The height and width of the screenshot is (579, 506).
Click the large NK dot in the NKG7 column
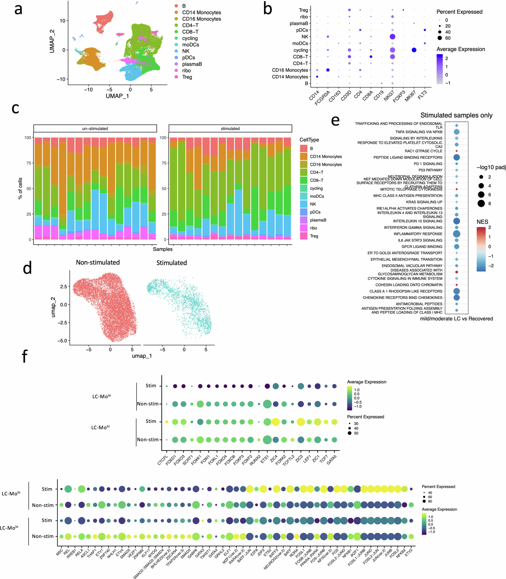coord(392,37)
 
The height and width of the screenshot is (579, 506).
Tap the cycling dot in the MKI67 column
coord(414,50)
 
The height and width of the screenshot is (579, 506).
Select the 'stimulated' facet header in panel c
coord(230,128)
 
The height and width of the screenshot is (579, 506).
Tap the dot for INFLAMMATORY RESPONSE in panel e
coord(457,234)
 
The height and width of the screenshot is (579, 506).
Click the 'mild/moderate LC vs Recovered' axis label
coord(456,319)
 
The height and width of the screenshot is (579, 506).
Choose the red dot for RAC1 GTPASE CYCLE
coord(457,151)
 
